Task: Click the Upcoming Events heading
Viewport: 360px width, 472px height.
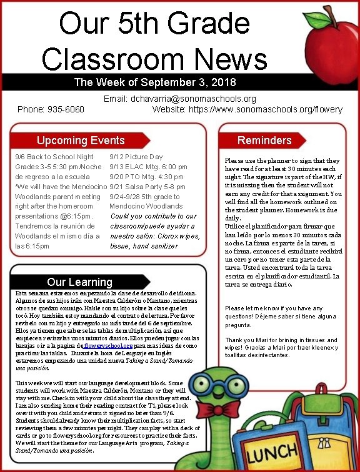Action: coord(81,140)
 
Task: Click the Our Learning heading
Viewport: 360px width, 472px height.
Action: coord(79,282)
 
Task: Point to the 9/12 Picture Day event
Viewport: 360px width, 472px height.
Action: coord(136,157)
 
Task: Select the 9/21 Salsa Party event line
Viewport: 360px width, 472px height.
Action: coord(147,187)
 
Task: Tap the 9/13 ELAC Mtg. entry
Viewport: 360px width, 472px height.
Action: coord(148,167)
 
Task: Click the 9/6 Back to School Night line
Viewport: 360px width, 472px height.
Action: coord(54,157)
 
